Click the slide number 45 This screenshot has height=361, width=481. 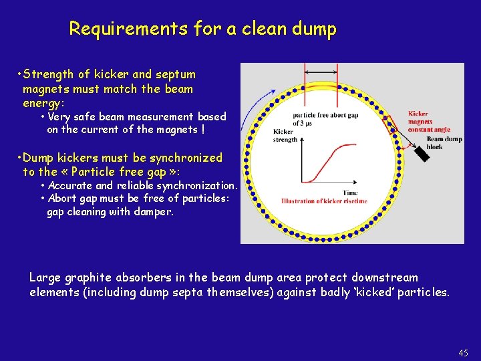[464, 353]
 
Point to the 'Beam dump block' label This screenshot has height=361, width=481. [444, 143]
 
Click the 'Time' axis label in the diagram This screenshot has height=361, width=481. [350, 193]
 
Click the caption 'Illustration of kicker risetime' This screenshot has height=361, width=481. [324, 201]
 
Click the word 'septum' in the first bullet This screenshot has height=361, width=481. [176, 74]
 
